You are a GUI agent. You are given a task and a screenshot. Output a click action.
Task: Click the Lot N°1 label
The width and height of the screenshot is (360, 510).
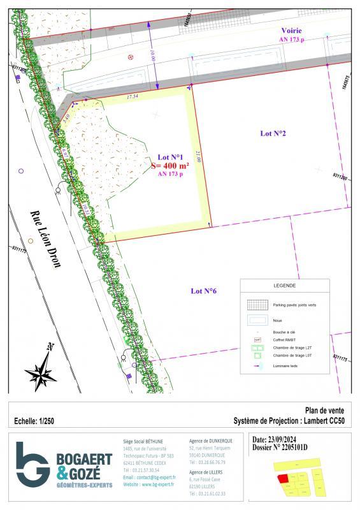(x=170, y=157)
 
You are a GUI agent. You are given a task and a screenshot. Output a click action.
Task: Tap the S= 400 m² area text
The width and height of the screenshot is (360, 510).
(x=170, y=165)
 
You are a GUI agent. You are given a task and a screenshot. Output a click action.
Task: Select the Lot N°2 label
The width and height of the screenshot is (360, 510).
(x=273, y=134)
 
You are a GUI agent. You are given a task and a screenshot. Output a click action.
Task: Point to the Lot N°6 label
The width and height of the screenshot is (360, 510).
(x=204, y=291)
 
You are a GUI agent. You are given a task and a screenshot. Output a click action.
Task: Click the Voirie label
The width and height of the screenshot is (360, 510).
(x=292, y=31)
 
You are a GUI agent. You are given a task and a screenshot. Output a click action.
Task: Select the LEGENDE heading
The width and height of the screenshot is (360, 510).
(x=284, y=286)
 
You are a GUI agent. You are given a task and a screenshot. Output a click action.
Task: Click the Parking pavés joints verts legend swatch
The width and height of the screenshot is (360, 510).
(x=257, y=305)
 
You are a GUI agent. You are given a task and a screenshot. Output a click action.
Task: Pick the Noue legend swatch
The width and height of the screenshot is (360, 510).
(x=257, y=320)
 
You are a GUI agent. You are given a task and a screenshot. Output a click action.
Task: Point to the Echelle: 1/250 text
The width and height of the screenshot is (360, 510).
(x=36, y=421)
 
